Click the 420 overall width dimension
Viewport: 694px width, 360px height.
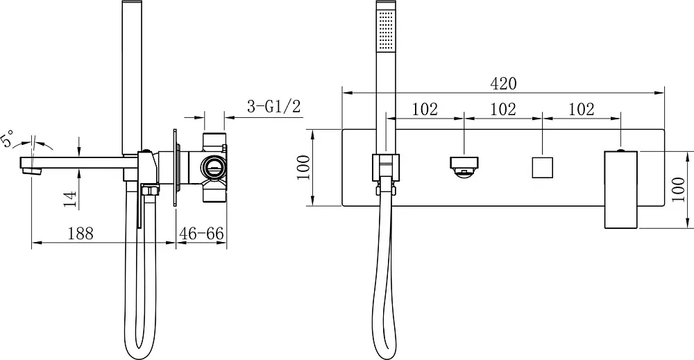[503, 83]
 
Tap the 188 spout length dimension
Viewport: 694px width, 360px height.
[81, 233]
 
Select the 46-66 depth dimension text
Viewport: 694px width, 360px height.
[201, 233]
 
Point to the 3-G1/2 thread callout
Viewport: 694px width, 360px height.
[274, 107]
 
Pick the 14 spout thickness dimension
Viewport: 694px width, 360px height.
[70, 198]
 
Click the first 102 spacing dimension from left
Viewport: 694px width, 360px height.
[425, 109]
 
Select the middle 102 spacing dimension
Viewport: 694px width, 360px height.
[503, 109]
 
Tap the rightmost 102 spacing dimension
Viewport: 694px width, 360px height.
[581, 109]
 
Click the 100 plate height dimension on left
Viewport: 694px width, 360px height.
[304, 167]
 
